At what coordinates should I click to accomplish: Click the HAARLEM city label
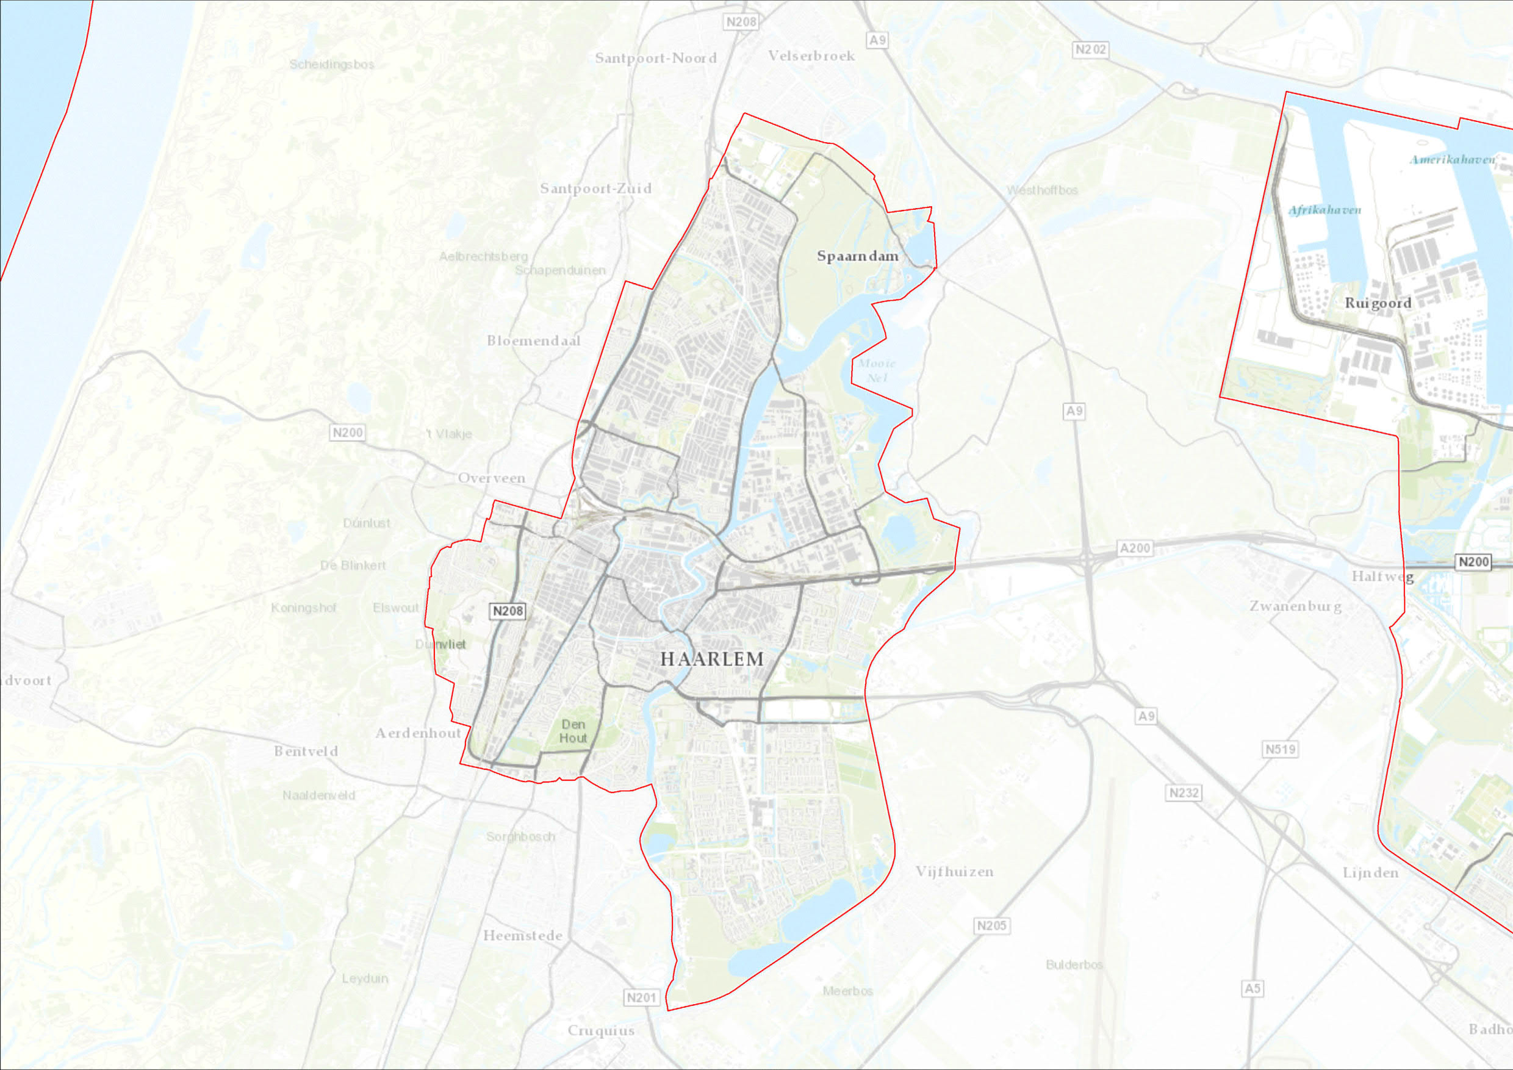pos(712,659)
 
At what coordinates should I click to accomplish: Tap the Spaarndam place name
pos(857,256)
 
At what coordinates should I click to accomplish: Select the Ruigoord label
pos(1378,303)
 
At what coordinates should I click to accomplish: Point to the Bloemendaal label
pos(534,340)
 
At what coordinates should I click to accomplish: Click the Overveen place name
pos(492,478)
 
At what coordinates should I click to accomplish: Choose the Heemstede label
pos(523,936)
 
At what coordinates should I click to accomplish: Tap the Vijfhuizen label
pos(954,872)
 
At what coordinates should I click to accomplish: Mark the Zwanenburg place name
pos(1296,606)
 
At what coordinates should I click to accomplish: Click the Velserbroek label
pos(811,56)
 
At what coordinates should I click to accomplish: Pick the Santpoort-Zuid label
pos(595,189)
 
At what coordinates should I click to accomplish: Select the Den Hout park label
pos(573,731)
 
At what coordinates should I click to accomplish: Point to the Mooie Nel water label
pos(877,370)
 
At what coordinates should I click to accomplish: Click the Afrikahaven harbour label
pos(1324,210)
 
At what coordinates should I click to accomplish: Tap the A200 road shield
pos(1135,548)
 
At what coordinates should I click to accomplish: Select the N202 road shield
pos(1091,49)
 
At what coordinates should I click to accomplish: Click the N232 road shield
pos(1184,792)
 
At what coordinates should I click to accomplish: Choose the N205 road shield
pos(992,925)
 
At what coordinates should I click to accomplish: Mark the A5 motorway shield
pos(1252,988)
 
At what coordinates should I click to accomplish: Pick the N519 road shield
pos(1281,749)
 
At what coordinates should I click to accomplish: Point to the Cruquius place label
pos(601,1030)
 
